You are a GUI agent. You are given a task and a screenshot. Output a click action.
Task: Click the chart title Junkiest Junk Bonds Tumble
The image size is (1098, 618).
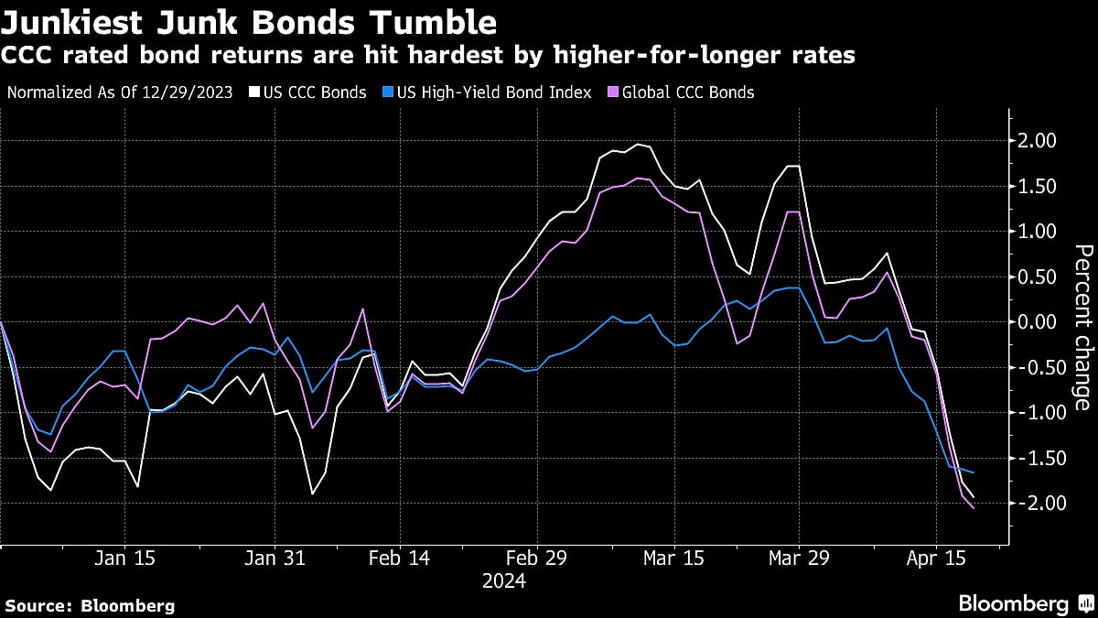pyautogui.click(x=250, y=22)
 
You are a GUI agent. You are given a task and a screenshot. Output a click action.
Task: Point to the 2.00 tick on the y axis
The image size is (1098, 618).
pyautogui.click(x=1038, y=141)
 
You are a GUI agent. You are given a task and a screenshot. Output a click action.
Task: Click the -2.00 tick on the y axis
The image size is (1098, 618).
pyautogui.click(x=1035, y=504)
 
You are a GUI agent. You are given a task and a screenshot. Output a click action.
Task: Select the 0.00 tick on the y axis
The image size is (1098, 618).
pyautogui.click(x=1038, y=322)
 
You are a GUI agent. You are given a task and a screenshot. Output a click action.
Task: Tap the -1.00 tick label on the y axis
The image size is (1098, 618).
pyautogui.click(x=1035, y=413)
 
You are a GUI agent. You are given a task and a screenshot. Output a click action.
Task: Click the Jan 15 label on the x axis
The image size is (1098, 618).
pyautogui.click(x=125, y=558)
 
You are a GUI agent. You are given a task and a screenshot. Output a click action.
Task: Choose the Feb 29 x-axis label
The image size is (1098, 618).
pyautogui.click(x=538, y=558)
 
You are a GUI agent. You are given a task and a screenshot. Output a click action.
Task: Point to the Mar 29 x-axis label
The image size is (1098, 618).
pyautogui.click(x=799, y=558)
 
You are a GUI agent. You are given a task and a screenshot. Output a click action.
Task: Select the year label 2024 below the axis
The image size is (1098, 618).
pyautogui.click(x=503, y=581)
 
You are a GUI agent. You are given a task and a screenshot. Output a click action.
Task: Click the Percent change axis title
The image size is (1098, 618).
pyautogui.click(x=1081, y=327)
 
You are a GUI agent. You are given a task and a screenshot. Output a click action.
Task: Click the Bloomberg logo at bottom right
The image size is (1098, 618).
pyautogui.click(x=1025, y=604)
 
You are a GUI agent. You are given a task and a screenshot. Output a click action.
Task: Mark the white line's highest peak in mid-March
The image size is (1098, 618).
pyautogui.click(x=637, y=145)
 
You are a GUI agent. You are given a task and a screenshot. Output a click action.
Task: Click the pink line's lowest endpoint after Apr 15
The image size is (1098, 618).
pyautogui.click(x=973, y=508)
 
